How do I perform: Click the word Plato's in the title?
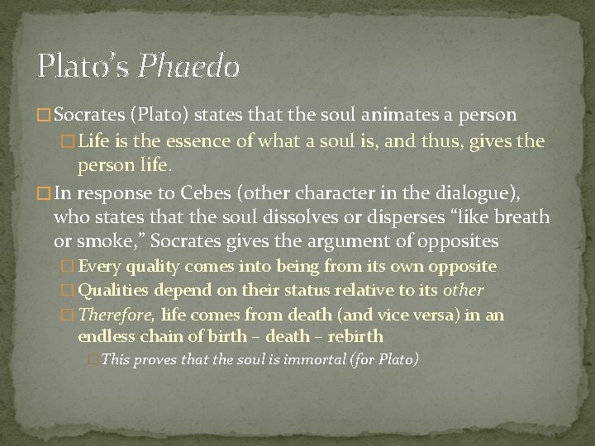click(83, 65)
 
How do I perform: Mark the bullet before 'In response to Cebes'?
click(44, 194)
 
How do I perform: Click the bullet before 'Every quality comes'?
click(69, 268)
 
